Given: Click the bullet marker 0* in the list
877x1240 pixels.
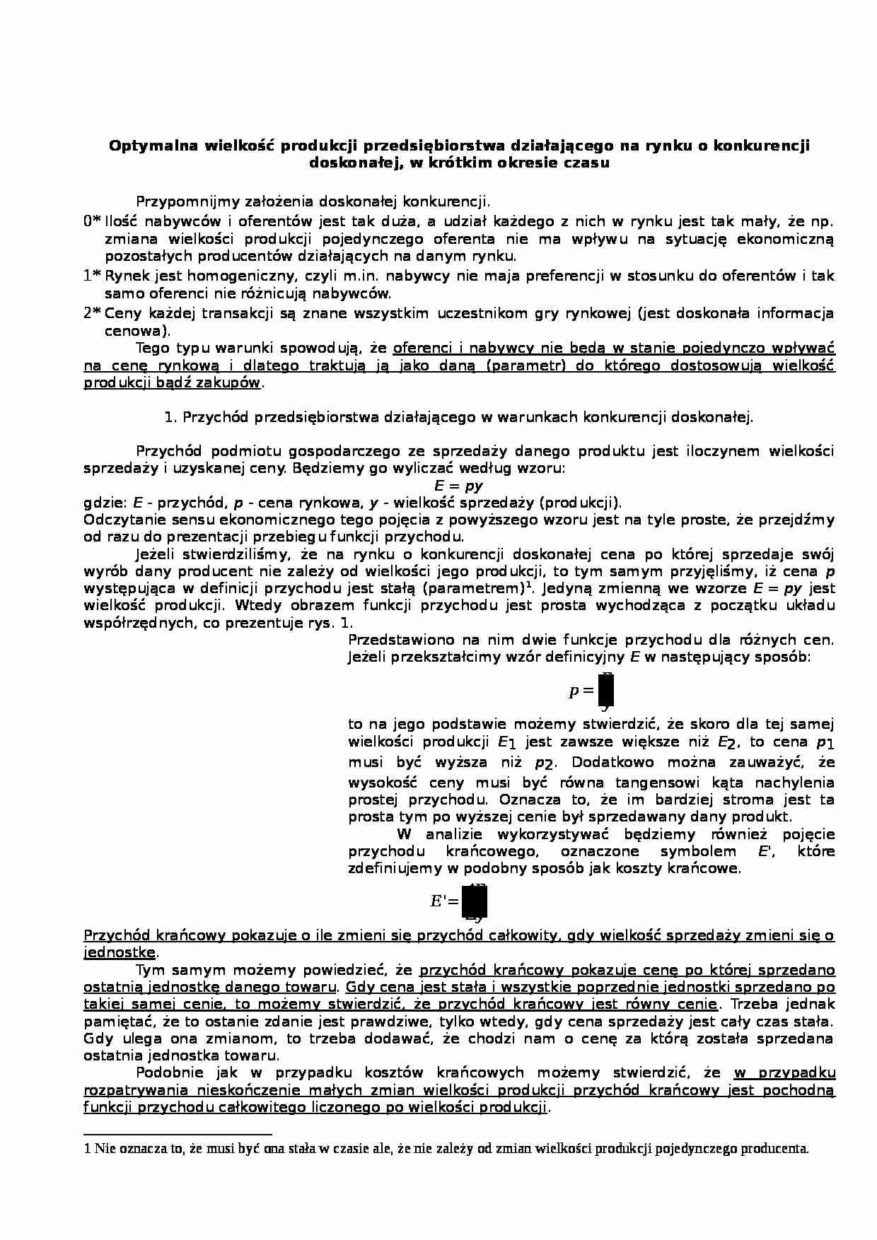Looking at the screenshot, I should point(92,222).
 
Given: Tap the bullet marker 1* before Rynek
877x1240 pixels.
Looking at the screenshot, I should point(92,276).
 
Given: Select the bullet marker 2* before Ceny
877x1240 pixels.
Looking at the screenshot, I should point(92,313).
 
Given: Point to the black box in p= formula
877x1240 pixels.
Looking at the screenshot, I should point(606,691).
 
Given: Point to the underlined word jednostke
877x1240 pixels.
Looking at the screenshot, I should point(119,952).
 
